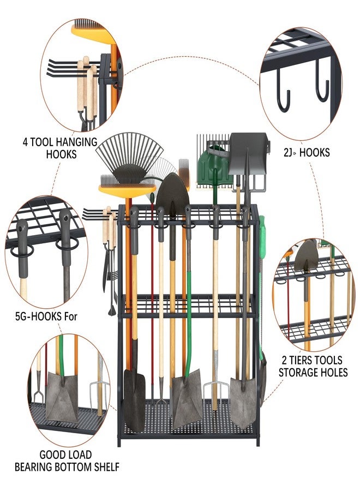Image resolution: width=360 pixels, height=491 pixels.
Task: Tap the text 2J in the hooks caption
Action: pyautogui.click(x=288, y=153)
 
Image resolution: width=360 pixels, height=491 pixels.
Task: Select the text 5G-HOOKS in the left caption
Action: pyautogui.click(x=38, y=316)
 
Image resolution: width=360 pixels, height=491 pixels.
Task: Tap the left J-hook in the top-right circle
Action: pyautogui.click(x=283, y=94)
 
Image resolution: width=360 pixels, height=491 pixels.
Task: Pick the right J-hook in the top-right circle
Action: pyautogui.click(x=322, y=81)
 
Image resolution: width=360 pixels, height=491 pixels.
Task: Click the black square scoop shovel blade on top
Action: pyautogui.click(x=248, y=153)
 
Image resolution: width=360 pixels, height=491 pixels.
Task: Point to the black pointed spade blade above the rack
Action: pyautogui.click(x=172, y=194)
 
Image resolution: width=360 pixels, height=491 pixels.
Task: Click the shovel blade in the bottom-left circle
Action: pyautogui.click(x=61, y=396)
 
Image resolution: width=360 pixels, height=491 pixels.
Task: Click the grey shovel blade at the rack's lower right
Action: pyautogui.click(x=244, y=403)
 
